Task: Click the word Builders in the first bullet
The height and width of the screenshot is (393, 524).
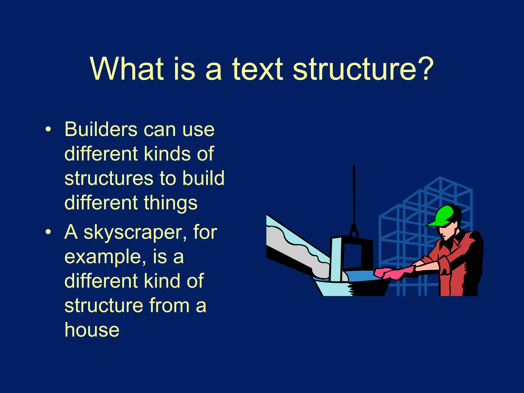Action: (x=101, y=129)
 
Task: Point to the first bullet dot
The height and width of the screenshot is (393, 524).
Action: (x=48, y=130)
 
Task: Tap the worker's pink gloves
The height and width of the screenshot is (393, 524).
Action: (x=394, y=273)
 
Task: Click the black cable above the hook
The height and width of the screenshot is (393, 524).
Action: (x=354, y=194)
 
